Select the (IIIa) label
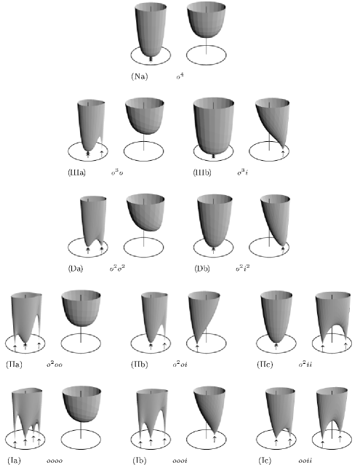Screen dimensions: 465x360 (76, 172)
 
